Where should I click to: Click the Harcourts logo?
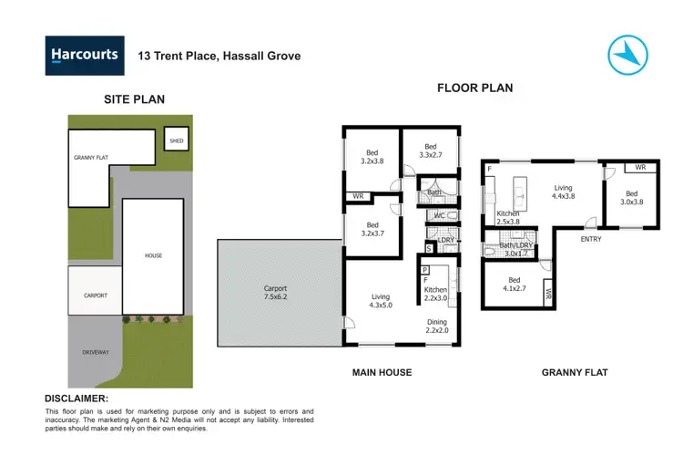click(x=83, y=55)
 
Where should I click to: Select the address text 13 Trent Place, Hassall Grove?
click(x=219, y=56)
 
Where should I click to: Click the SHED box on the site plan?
click(x=177, y=140)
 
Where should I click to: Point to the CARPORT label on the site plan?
click(x=96, y=295)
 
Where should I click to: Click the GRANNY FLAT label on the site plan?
click(x=91, y=158)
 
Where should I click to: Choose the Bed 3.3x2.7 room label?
click(x=431, y=150)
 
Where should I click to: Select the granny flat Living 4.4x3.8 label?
click(x=563, y=192)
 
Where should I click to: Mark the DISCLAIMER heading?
click(x=76, y=399)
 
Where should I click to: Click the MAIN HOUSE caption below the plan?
click(x=382, y=372)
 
